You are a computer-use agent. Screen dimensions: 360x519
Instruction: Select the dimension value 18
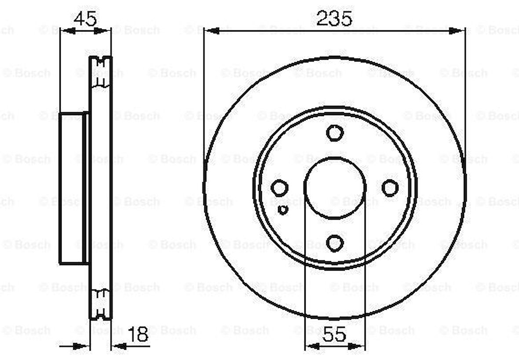tap(137, 335)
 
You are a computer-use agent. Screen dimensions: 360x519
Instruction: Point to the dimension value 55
tap(334, 335)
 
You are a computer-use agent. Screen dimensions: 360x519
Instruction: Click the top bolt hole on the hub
tap(334, 132)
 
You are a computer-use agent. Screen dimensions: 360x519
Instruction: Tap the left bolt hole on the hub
tap(279, 188)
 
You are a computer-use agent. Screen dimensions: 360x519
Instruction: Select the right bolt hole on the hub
tap(390, 188)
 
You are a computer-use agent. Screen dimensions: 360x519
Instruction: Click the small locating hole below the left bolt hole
tap(283, 210)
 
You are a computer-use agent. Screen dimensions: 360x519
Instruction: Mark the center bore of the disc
tap(335, 187)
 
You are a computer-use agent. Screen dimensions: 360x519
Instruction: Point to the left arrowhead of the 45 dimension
tap(66, 31)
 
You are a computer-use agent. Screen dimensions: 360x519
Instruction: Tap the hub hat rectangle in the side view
tap(72, 188)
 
